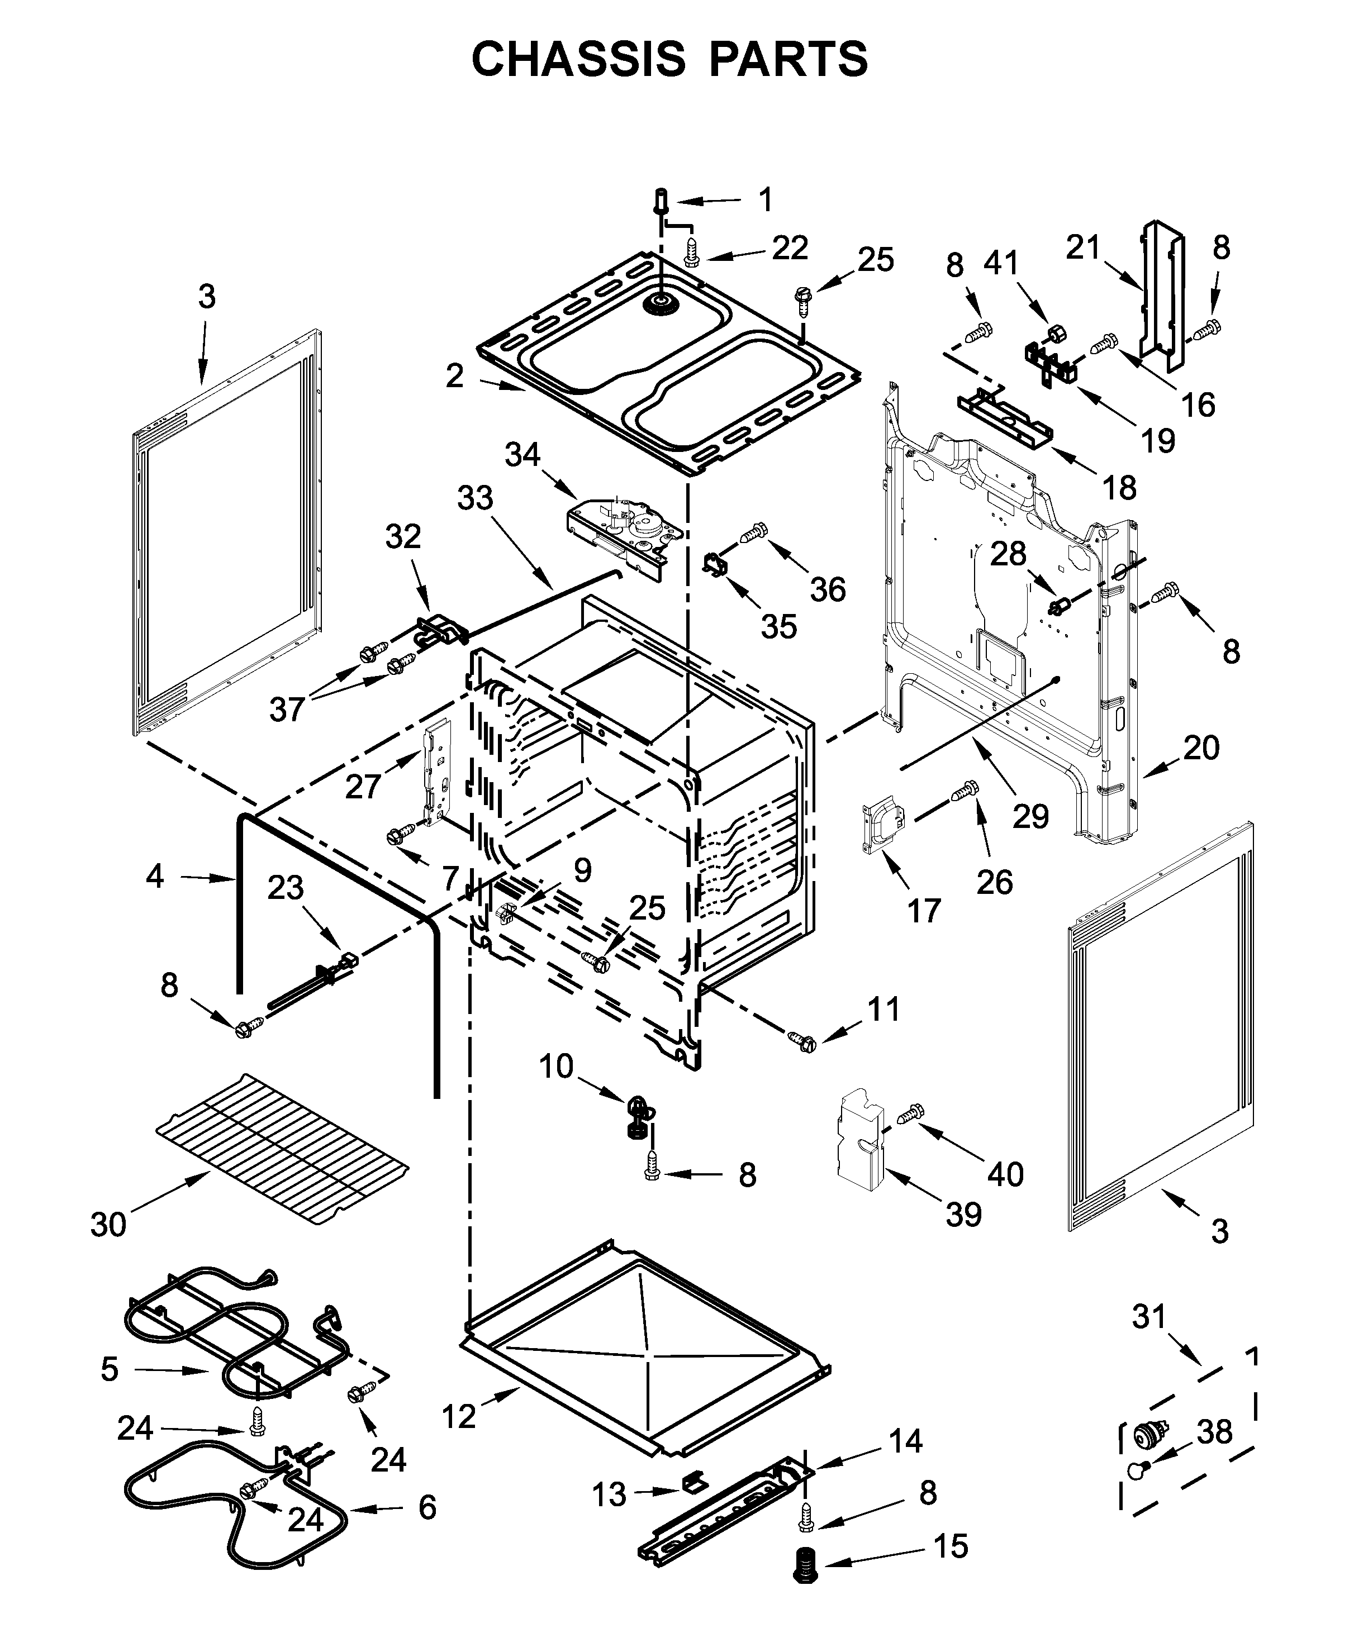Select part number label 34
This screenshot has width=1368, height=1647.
pyautogui.click(x=522, y=454)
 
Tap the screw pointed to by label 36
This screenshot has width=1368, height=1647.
pyautogui.click(x=754, y=534)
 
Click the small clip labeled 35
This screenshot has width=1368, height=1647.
pyautogui.click(x=714, y=565)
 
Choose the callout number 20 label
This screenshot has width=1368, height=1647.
pyautogui.click(x=1201, y=748)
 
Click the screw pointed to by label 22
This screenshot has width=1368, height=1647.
pyautogui.click(x=691, y=253)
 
